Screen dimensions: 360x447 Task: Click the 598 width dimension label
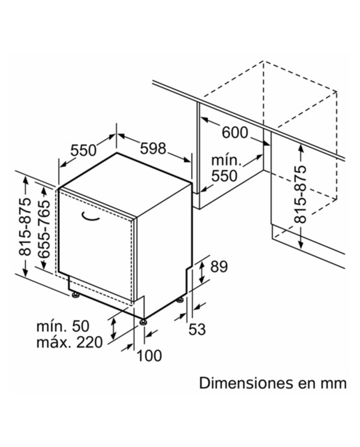pyautogui.click(x=153, y=149)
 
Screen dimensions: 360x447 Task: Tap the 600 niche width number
pyautogui.click(x=234, y=133)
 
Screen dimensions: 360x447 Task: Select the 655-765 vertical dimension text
pyautogui.click(x=44, y=229)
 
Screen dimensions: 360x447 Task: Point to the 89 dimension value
pyautogui.click(x=219, y=267)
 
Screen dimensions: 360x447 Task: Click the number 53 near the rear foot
pyautogui.click(x=197, y=329)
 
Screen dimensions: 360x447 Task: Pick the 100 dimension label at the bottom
pyautogui.click(x=149, y=356)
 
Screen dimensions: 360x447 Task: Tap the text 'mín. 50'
pyautogui.click(x=63, y=326)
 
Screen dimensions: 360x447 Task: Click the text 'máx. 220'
pyautogui.click(x=69, y=342)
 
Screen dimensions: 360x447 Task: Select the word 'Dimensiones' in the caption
pyautogui.click(x=246, y=383)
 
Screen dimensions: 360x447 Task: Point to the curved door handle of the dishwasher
pyautogui.click(x=90, y=217)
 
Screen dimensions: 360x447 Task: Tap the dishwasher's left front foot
pyautogui.click(x=75, y=295)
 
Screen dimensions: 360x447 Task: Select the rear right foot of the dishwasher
pyautogui.click(x=180, y=300)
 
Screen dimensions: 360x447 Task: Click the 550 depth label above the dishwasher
pyautogui.click(x=84, y=150)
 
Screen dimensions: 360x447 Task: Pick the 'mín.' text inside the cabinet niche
pyautogui.click(x=227, y=161)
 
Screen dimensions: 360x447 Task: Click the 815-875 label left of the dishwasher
pyautogui.click(x=24, y=226)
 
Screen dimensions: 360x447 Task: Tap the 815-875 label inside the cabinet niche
pyautogui.click(x=300, y=194)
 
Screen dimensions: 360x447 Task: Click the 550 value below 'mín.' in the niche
pyautogui.click(x=224, y=175)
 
